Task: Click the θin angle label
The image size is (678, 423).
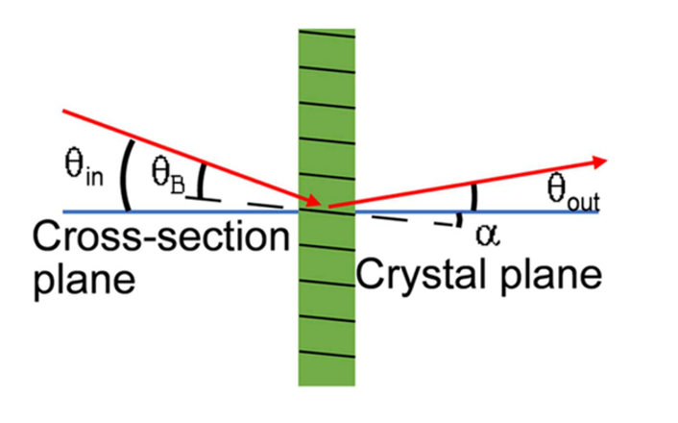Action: tap(84, 167)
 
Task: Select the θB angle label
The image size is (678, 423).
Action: tap(169, 175)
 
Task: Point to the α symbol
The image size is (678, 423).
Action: tap(488, 236)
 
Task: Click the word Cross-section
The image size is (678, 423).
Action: tap(160, 236)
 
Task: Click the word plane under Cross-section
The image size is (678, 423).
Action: tap(85, 281)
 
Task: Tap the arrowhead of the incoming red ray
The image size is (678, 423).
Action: tap(313, 201)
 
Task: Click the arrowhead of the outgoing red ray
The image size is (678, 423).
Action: tap(599, 162)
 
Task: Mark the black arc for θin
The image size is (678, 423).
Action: tap(124, 175)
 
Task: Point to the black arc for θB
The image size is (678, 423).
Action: tap(200, 181)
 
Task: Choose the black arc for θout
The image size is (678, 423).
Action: tap(474, 197)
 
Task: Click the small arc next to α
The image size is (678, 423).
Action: tap(460, 220)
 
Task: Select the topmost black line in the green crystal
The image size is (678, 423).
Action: tap(327, 34)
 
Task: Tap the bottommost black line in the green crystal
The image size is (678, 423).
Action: tap(327, 353)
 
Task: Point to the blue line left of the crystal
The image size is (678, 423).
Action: tap(181, 211)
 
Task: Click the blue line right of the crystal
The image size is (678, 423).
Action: tap(477, 212)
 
